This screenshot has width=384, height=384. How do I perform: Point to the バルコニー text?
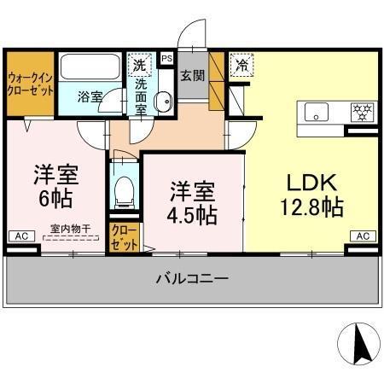(x=192, y=278)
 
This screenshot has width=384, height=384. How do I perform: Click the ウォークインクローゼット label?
(x=31, y=84)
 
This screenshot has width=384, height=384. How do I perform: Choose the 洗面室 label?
(x=141, y=96)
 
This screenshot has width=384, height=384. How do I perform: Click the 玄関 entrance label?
(x=190, y=77)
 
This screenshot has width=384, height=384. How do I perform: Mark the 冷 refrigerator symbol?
(x=242, y=64)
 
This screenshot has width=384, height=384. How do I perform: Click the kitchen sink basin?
(x=316, y=111)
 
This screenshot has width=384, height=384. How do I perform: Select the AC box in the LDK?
(x=362, y=236)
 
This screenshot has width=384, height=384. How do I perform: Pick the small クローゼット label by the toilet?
(x=124, y=236)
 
